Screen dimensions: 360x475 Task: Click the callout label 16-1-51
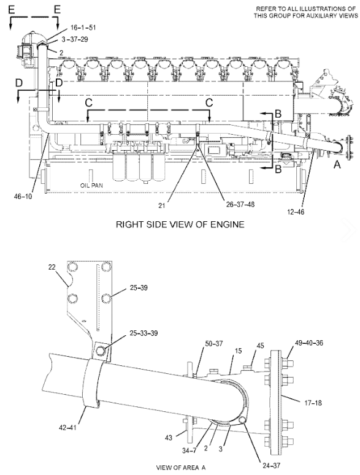tap(83, 28)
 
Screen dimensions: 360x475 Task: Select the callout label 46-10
tap(23, 196)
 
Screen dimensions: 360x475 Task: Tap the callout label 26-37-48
tap(240, 204)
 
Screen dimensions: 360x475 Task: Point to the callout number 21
tap(161, 205)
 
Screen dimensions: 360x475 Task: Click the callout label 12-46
tap(296, 211)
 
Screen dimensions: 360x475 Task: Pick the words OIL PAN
tap(91, 185)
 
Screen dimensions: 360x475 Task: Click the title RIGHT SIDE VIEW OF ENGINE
tap(180, 224)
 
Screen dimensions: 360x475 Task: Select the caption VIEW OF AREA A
tap(180, 468)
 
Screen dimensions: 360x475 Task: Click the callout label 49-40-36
tap(308, 343)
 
